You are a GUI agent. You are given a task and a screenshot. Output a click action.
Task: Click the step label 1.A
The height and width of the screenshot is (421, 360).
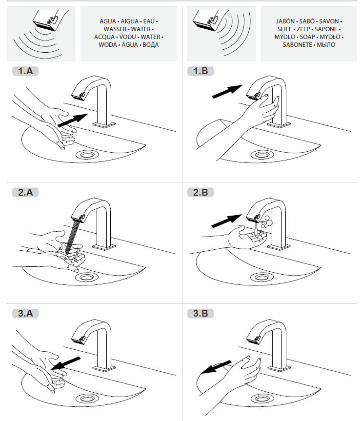click(25, 72)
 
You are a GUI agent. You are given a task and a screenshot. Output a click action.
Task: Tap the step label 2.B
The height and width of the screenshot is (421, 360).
click(200, 193)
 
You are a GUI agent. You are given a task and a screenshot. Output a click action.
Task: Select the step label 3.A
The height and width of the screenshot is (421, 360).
click(25, 314)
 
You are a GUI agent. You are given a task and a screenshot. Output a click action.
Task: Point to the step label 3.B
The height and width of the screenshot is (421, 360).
click(200, 314)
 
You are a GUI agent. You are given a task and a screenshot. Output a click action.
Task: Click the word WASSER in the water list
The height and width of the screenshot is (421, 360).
click(115, 29)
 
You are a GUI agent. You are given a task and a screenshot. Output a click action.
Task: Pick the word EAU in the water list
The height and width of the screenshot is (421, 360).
click(149, 21)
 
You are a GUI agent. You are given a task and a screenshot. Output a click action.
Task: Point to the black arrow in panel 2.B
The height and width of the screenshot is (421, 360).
click(227, 221)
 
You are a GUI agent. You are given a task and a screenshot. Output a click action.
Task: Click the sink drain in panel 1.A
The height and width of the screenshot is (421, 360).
click(88, 155)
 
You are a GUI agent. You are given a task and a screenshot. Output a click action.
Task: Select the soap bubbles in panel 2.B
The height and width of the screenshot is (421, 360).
click(265, 222)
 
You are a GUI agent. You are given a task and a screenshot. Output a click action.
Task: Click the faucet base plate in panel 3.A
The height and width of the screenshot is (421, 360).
click(105, 365)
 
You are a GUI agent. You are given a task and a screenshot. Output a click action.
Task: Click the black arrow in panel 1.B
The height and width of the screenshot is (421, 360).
click(227, 91)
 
